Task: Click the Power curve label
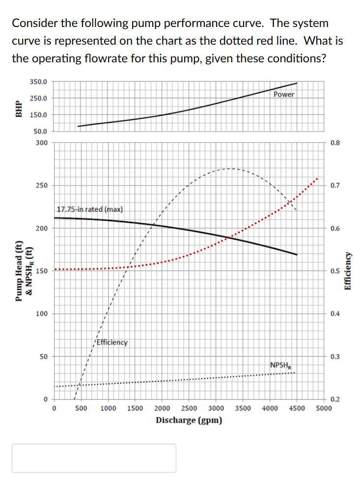click(284, 94)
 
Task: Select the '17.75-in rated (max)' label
click(90, 210)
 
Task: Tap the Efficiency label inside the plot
click(112, 342)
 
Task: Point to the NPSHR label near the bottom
click(279, 365)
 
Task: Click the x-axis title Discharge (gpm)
click(189, 420)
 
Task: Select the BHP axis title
click(19, 107)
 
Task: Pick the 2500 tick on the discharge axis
click(190, 408)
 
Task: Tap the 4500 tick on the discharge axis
click(297, 408)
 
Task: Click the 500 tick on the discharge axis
click(82, 408)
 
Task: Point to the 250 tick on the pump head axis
click(42, 186)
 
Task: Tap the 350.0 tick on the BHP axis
click(38, 81)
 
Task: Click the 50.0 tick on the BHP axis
click(40, 132)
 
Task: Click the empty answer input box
click(94, 458)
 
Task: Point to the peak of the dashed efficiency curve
click(230, 168)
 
